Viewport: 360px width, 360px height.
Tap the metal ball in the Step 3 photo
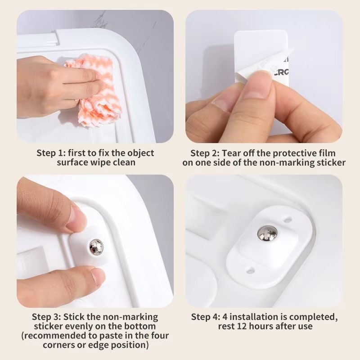pyautogui.click(x=96, y=247)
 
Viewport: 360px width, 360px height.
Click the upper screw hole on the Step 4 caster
pyautogui.click(x=288, y=220)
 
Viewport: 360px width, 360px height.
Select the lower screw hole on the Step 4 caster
pyautogui.click(x=251, y=270)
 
